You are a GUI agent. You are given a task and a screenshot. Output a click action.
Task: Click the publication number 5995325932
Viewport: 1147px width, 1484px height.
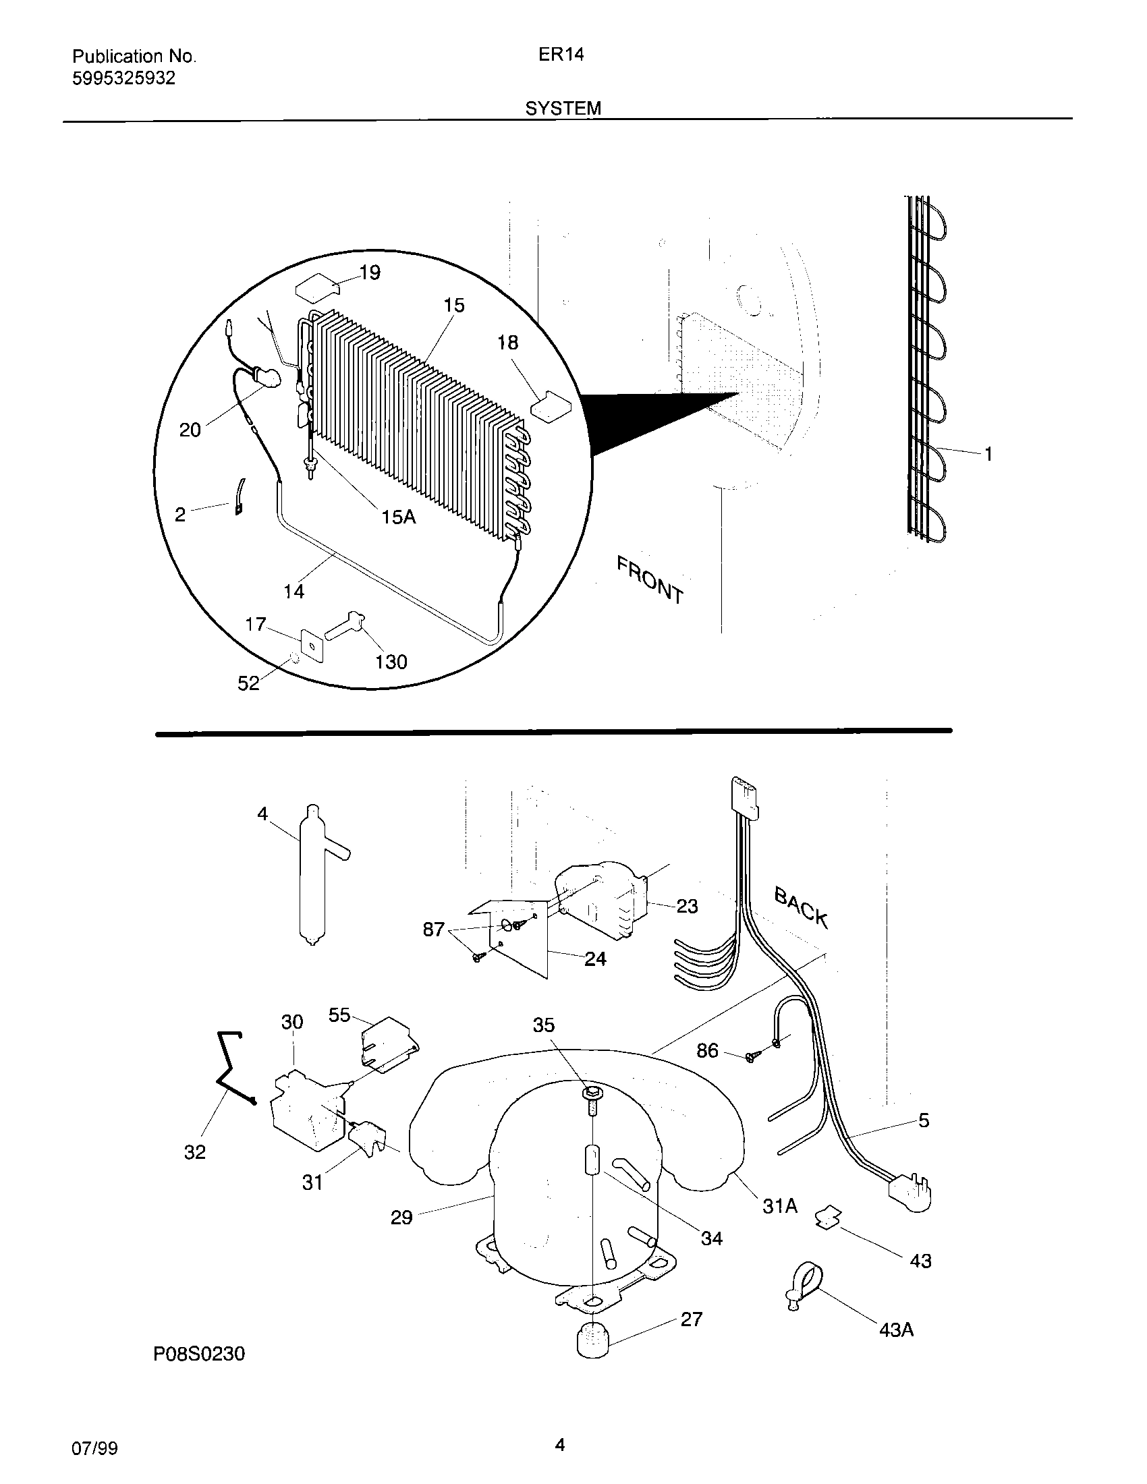pos(123,78)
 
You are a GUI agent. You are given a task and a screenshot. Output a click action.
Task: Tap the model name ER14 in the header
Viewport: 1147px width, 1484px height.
pos(561,55)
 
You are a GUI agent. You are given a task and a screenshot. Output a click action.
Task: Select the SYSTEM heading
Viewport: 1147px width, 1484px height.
pos(563,108)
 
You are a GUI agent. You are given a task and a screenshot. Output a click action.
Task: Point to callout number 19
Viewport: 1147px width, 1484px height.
pos(369,273)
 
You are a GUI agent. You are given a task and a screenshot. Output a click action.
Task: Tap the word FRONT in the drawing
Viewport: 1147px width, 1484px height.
pos(650,579)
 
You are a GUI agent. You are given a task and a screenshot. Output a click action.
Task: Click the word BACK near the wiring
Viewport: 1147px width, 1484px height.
pos(802,908)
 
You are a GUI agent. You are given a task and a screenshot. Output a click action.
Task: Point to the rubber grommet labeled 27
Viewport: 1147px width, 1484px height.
pos(592,1339)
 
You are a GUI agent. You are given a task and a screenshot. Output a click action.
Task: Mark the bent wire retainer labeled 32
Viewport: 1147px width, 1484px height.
pos(231,1068)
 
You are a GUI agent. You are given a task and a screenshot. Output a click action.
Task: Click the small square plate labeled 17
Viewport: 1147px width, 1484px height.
pos(312,645)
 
